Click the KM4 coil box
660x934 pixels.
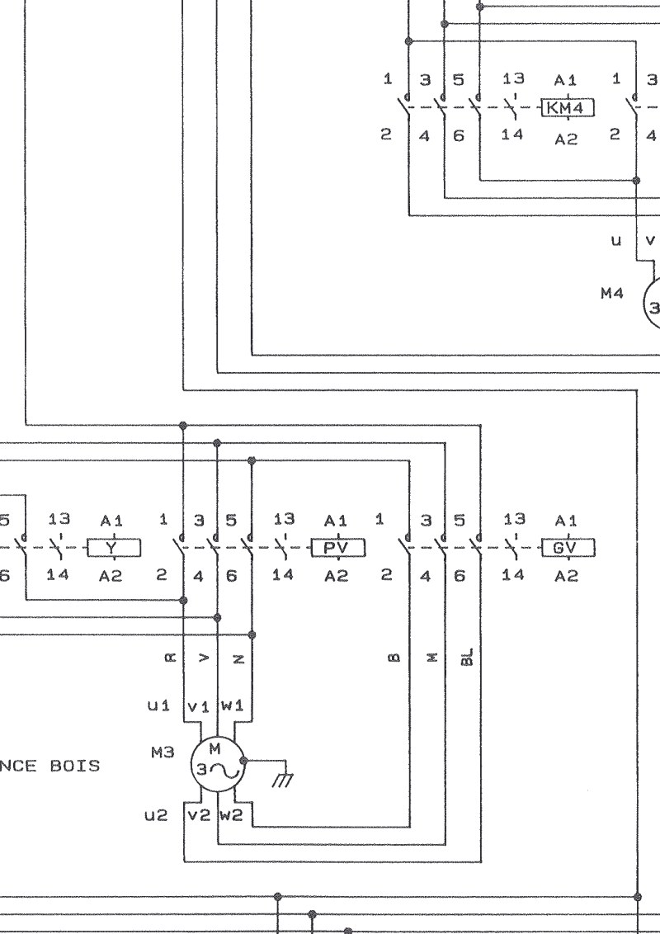click(x=568, y=108)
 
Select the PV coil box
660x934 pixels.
click(x=338, y=548)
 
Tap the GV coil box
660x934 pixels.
click(x=568, y=548)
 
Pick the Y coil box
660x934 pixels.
click(x=114, y=548)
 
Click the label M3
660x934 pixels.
click(x=163, y=753)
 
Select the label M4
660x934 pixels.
click(x=612, y=293)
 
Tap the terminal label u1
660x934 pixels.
click(x=158, y=705)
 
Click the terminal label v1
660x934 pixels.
click(x=198, y=707)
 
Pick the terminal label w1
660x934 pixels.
click(x=233, y=705)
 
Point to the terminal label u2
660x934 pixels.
click(x=156, y=815)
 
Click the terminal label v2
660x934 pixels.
click(x=199, y=815)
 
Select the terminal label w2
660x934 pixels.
click(x=232, y=815)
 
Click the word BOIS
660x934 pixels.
click(x=75, y=766)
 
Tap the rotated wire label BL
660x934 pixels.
click(x=468, y=657)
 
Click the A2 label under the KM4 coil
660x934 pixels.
click(x=566, y=139)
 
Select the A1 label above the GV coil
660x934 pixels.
click(x=565, y=521)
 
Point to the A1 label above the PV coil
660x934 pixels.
click(x=336, y=521)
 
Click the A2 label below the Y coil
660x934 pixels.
click(x=111, y=576)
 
